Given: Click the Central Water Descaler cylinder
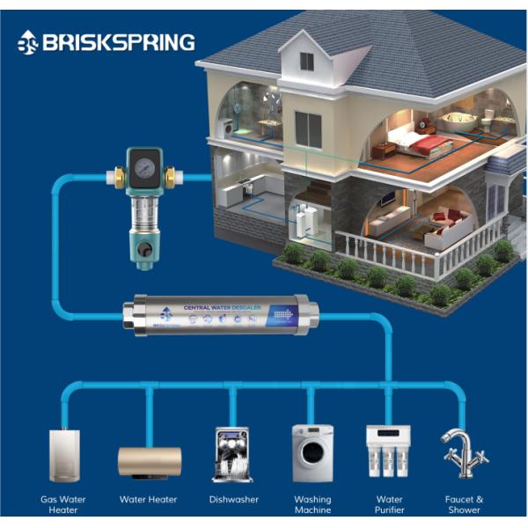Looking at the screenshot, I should [220, 315].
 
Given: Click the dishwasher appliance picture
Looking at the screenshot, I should [231, 454].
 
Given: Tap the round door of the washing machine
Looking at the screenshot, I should [313, 456].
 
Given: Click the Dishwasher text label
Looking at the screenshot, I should [234, 499].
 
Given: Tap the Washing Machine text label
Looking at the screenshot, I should [313, 504].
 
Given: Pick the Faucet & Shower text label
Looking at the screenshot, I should [464, 504].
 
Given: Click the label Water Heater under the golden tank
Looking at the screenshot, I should [148, 499].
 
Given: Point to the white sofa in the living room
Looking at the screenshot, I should [444, 231].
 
